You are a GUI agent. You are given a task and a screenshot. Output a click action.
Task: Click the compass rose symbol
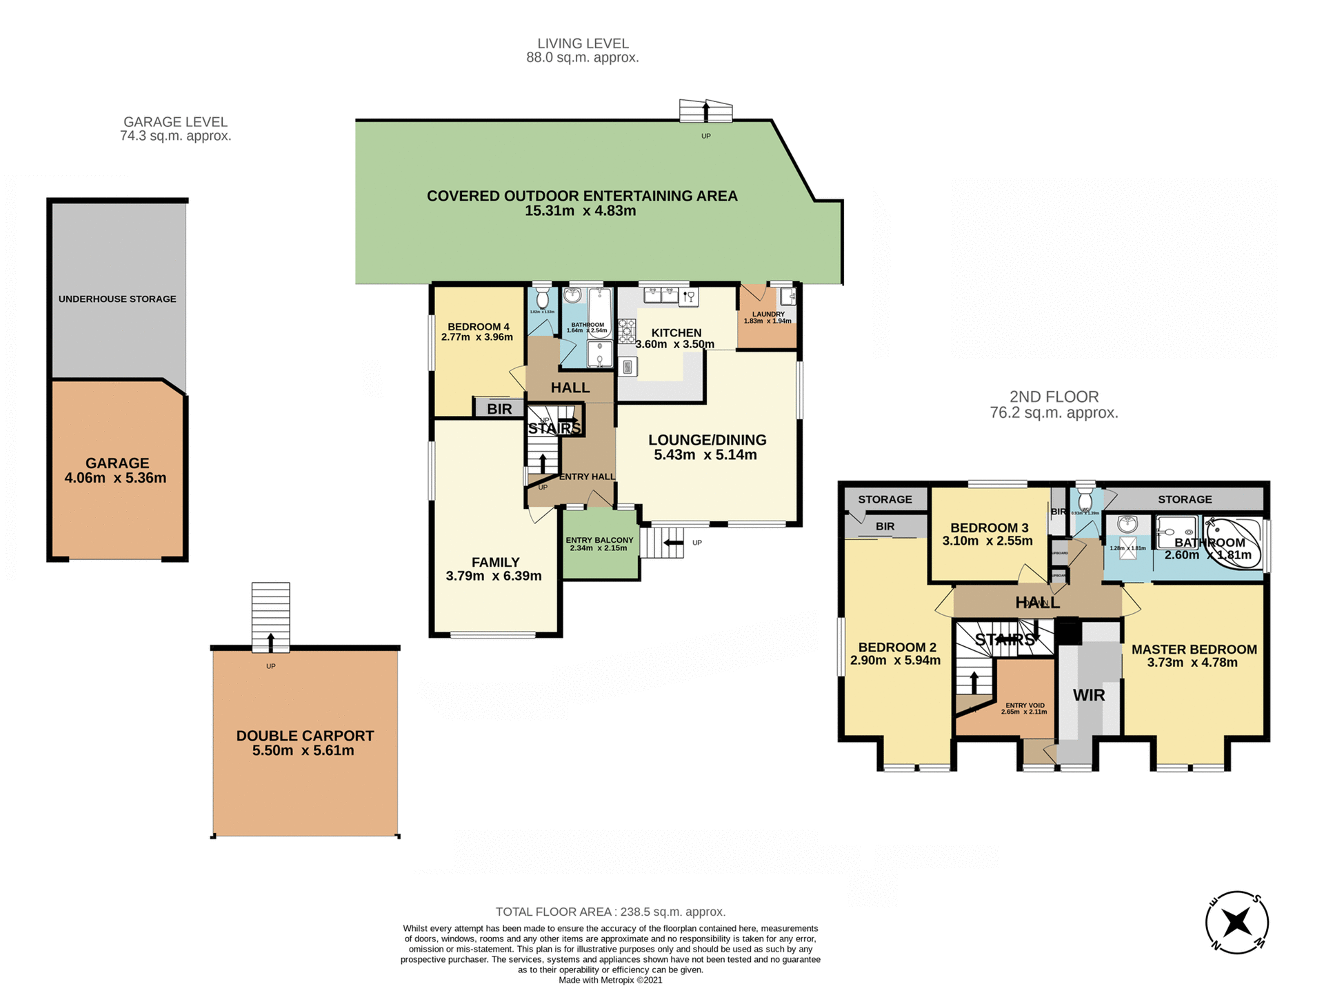pyautogui.click(x=1237, y=922)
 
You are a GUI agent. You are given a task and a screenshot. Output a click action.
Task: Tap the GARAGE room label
pyautogui.click(x=117, y=463)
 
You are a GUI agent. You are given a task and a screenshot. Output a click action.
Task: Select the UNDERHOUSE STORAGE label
pyautogui.click(x=117, y=299)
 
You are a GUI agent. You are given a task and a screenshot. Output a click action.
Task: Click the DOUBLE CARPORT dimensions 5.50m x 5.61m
pyautogui.click(x=303, y=751)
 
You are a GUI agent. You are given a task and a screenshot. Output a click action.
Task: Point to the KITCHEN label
pyautogui.click(x=676, y=332)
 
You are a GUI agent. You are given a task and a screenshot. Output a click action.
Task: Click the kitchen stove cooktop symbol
pyautogui.click(x=627, y=331)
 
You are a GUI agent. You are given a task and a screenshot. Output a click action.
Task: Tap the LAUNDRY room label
pyautogui.click(x=768, y=314)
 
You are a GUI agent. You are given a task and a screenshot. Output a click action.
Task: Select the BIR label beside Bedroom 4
pyautogui.click(x=499, y=409)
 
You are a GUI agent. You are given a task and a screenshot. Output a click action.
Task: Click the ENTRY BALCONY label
pyautogui.click(x=599, y=540)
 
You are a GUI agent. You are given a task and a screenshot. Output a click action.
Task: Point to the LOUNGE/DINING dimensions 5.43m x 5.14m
pyautogui.click(x=705, y=455)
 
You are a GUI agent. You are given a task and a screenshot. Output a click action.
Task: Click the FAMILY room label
pyautogui.click(x=496, y=562)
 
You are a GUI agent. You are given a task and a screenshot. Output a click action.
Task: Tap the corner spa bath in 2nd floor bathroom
pyautogui.click(x=1236, y=545)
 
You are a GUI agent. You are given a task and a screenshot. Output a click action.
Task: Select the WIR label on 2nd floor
pyautogui.click(x=1089, y=695)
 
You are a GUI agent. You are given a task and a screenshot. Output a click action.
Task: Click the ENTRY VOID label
pyautogui.click(x=1025, y=705)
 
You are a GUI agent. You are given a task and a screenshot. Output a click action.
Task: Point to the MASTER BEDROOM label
pyautogui.click(x=1194, y=649)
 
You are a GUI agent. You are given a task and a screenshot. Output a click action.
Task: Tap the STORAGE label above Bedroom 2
pyautogui.click(x=885, y=499)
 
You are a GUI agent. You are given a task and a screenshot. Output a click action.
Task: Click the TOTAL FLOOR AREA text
pyautogui.click(x=610, y=912)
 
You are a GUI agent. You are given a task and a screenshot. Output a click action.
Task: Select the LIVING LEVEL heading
pyautogui.click(x=583, y=43)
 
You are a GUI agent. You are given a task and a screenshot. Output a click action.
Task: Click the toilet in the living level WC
pyautogui.click(x=543, y=299)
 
